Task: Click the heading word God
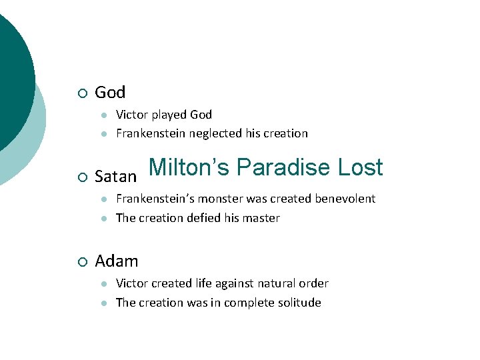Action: (x=110, y=92)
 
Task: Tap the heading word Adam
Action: (x=117, y=261)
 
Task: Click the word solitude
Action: (x=299, y=303)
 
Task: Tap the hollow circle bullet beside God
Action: (x=81, y=93)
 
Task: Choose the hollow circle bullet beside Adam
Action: (x=81, y=261)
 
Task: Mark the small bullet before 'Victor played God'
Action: (x=103, y=115)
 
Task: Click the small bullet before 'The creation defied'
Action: (x=103, y=219)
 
